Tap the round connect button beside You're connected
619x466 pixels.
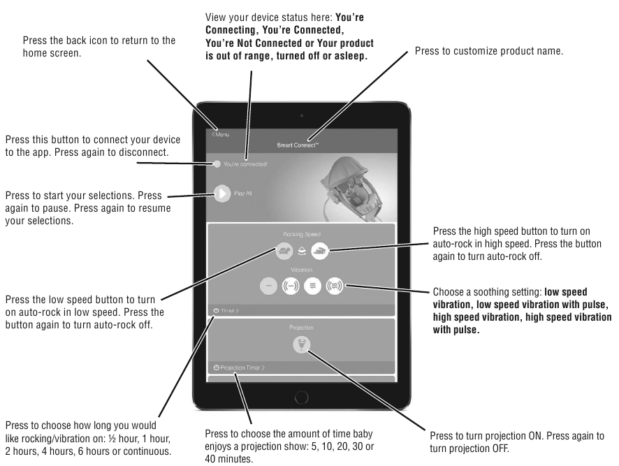click(217, 164)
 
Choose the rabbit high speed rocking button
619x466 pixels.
click(320, 249)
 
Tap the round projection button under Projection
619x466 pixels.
click(301, 344)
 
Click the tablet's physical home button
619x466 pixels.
click(301, 398)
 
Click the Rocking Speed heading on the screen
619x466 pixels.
click(301, 233)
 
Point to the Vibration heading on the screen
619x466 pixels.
click(301, 269)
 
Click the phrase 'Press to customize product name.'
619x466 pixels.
click(488, 52)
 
